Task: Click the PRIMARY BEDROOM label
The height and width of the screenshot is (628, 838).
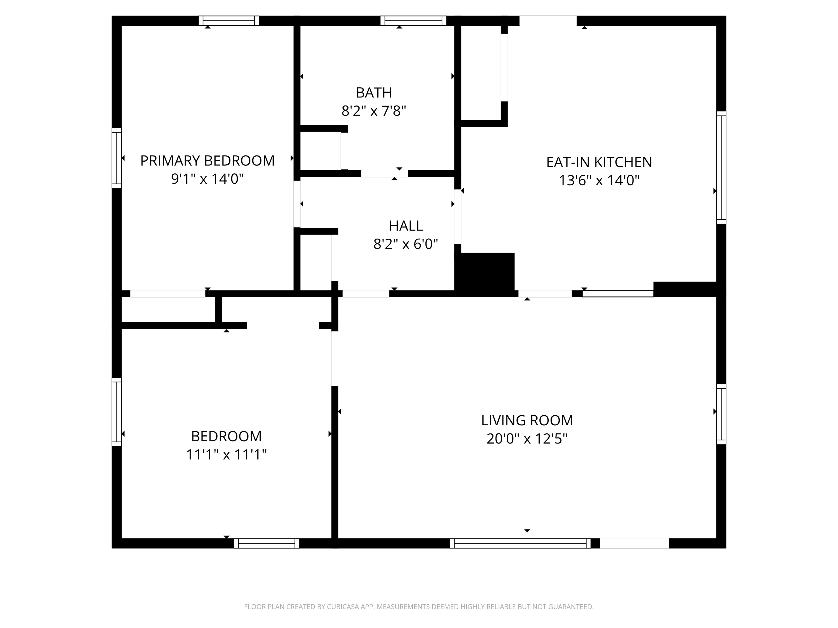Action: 207,161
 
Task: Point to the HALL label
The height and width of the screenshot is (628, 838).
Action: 406,226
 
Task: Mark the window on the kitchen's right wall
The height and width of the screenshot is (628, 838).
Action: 721,168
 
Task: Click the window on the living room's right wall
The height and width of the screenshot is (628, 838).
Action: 721,414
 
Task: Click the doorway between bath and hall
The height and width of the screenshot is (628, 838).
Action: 384,174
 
